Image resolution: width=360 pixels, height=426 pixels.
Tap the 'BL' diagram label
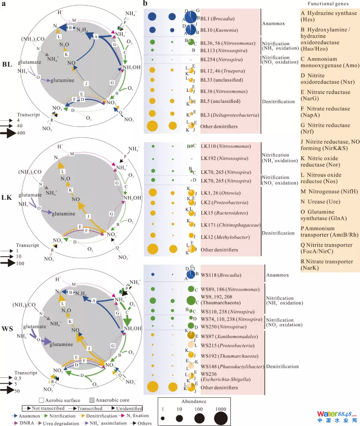tap(7, 64)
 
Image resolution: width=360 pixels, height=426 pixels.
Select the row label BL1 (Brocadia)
tap(217, 19)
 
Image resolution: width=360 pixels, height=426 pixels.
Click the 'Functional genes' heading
tap(328, 4)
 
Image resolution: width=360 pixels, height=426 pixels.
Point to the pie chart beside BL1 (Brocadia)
tap(191, 17)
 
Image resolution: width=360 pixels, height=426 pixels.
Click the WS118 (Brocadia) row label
tap(221, 275)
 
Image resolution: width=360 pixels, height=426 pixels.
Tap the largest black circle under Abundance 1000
tap(221, 418)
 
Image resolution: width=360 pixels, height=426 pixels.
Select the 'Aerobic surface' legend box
tap(41, 400)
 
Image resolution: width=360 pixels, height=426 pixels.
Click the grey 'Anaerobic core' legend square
tap(92, 400)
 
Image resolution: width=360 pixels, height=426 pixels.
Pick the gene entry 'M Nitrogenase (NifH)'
tap(329, 192)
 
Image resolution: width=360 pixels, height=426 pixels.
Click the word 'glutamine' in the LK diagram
tap(63, 213)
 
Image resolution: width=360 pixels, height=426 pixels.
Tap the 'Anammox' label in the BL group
tap(273, 23)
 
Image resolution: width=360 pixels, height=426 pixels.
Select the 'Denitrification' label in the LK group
tap(278, 233)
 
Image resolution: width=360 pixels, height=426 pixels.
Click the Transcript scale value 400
tap(21, 133)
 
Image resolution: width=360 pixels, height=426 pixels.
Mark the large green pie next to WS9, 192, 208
tap(191, 300)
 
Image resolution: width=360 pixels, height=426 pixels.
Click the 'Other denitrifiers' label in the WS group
tap(219, 388)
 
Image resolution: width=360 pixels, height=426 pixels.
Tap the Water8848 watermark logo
tap(337, 416)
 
